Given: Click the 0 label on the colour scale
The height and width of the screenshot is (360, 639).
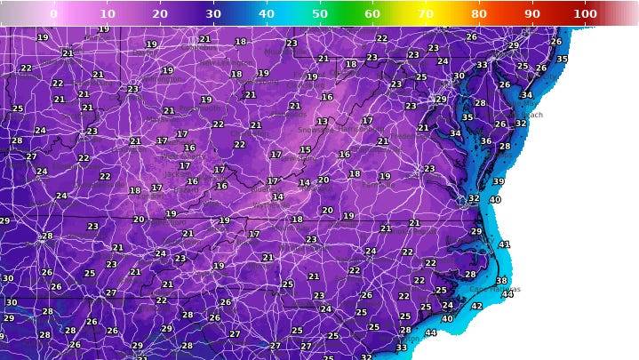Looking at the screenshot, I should pyautogui.click(x=53, y=13).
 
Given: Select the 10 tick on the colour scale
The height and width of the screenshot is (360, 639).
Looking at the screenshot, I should pyautogui.click(x=107, y=13).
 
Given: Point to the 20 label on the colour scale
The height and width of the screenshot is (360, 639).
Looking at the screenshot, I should pyautogui.click(x=160, y=13).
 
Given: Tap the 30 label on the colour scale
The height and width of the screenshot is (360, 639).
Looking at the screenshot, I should pyautogui.click(x=213, y=13).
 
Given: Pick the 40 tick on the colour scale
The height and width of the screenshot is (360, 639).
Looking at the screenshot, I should pyautogui.click(x=267, y=13).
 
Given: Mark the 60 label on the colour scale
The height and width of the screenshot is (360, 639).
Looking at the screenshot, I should pyautogui.click(x=372, y=13).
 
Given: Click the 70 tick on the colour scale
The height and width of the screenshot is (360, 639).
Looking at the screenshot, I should pyautogui.click(x=426, y=13).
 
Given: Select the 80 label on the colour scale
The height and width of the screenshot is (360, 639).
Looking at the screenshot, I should pyautogui.click(x=479, y=13).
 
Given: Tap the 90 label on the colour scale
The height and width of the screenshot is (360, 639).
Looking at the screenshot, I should pyautogui.click(x=532, y=13).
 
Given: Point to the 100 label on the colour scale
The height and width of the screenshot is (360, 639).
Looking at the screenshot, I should pyautogui.click(x=585, y=13).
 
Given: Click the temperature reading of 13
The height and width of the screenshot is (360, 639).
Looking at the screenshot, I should pyautogui.click(x=322, y=122).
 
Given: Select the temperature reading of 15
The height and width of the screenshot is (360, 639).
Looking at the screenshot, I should pyautogui.click(x=305, y=150).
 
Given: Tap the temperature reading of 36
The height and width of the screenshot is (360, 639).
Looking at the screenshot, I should pyautogui.click(x=485, y=140).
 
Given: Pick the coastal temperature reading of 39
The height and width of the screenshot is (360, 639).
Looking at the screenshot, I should pyautogui.click(x=499, y=181).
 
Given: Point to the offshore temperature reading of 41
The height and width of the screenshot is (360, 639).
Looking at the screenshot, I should pyautogui.click(x=504, y=244).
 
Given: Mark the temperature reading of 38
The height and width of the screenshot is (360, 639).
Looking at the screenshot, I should pyautogui.click(x=501, y=281).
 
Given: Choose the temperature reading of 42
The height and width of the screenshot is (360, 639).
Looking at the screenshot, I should pyautogui.click(x=476, y=306).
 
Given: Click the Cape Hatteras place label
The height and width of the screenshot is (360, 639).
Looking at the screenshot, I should pyautogui.click(x=494, y=290).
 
